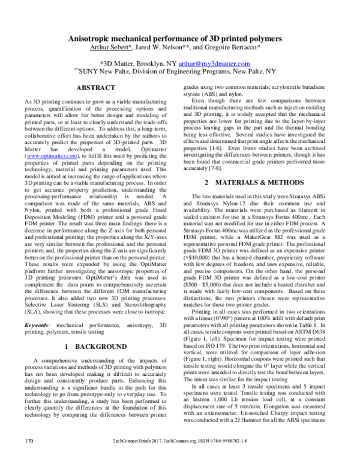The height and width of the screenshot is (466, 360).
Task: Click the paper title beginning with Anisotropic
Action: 179,38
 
